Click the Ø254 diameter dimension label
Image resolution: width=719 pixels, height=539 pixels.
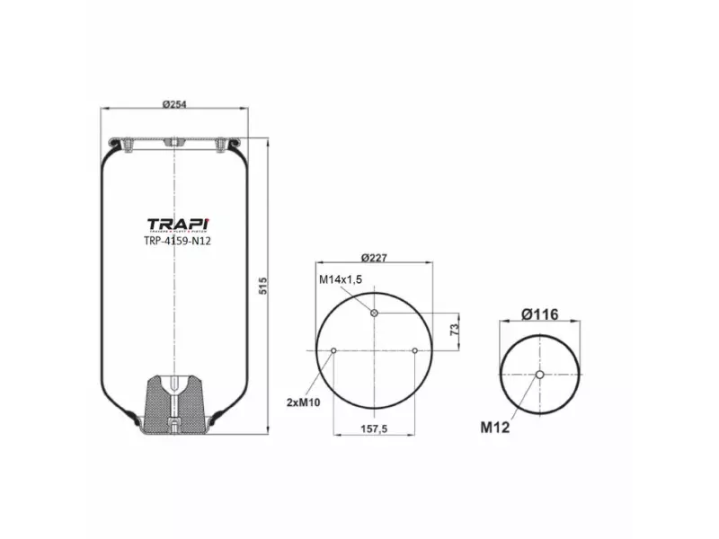click(x=173, y=103)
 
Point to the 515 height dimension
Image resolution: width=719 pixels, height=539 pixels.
click(x=263, y=287)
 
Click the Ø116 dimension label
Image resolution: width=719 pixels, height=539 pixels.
click(x=539, y=314)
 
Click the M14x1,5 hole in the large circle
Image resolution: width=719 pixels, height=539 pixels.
click(x=374, y=313)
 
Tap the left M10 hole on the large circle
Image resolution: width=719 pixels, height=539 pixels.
click(x=333, y=350)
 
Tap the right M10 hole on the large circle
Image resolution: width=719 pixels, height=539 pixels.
click(x=414, y=350)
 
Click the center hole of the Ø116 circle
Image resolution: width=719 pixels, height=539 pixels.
click(x=539, y=375)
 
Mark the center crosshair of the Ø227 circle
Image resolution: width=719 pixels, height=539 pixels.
click(x=374, y=350)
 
